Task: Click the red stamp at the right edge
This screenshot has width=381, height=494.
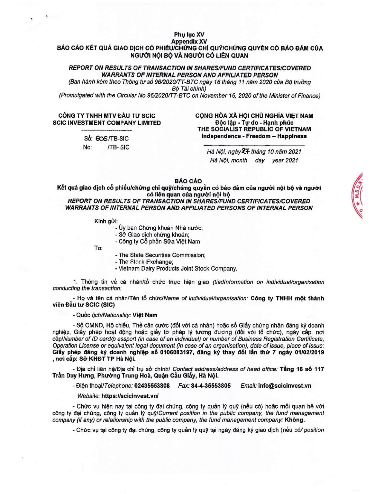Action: (359, 196)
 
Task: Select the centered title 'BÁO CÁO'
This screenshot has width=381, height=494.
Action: (188, 181)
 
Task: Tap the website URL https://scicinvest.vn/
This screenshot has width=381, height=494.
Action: (130, 396)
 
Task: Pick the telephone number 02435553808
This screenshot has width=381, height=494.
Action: (152, 386)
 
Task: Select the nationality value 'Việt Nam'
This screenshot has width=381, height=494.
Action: (145, 315)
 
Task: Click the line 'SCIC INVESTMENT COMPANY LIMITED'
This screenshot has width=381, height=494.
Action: (107, 123)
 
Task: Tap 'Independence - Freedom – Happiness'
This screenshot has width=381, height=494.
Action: (254, 136)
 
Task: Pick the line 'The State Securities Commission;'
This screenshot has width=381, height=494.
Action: (160, 255)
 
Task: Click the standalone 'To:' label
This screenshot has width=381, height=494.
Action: (98, 248)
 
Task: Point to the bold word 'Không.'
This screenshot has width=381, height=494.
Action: (295, 420)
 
